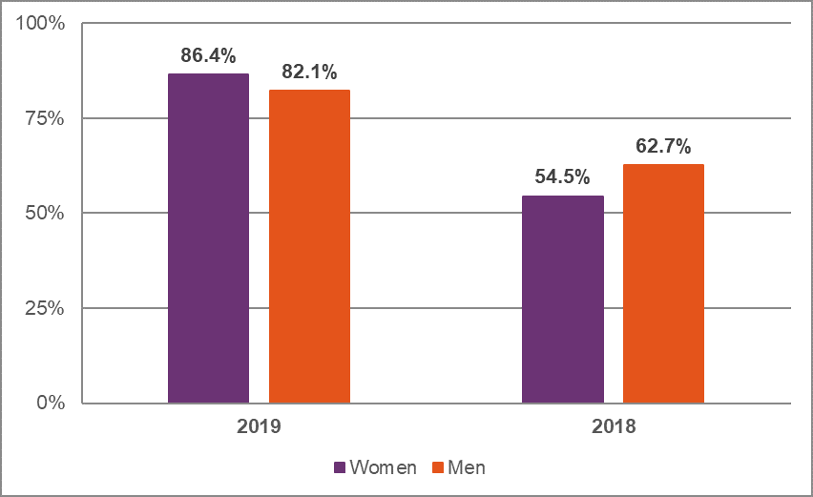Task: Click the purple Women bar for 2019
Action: (208, 238)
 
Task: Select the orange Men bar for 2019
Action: (309, 246)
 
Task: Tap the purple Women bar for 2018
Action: (563, 299)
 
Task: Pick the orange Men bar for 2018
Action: (663, 283)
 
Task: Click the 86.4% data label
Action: (208, 56)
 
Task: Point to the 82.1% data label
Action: (309, 72)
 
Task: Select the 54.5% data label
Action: (562, 177)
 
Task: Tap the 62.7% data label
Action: (663, 147)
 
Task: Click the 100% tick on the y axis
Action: (41, 24)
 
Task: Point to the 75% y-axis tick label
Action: (45, 118)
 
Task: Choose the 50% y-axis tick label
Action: (45, 213)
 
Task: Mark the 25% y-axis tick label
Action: (45, 308)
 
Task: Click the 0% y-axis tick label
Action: (50, 403)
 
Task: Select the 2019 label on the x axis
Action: (259, 426)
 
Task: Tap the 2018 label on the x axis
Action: (613, 426)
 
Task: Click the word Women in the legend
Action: (383, 467)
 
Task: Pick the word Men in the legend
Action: (468, 467)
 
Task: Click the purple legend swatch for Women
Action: (340, 467)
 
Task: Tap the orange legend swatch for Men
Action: (439, 467)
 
